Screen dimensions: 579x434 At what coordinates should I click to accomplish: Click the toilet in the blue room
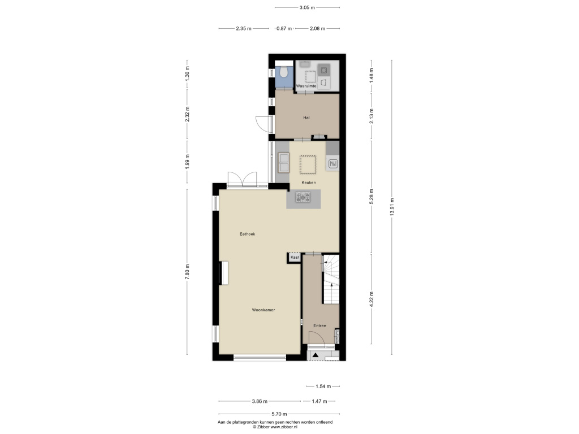(x=284, y=72)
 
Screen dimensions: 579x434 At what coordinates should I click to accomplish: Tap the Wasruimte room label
(x=306, y=86)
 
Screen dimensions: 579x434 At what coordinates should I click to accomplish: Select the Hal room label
(x=306, y=118)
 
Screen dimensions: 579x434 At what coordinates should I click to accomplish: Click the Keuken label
(x=308, y=183)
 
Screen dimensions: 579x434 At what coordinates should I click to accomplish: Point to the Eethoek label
(x=248, y=234)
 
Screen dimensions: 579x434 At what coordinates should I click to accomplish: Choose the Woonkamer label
(x=263, y=310)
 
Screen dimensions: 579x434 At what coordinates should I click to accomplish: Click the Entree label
(x=320, y=325)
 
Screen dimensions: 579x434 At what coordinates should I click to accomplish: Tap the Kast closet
(x=295, y=257)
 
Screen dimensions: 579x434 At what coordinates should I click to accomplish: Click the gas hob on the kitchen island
(x=303, y=197)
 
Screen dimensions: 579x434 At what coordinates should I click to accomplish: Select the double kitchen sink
(x=284, y=162)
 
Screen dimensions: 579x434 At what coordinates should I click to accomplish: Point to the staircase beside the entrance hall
(x=331, y=279)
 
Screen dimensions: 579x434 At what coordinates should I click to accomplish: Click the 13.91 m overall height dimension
(x=392, y=207)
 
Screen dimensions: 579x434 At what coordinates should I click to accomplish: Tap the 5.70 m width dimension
(x=279, y=414)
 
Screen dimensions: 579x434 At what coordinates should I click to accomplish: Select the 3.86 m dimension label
(x=260, y=401)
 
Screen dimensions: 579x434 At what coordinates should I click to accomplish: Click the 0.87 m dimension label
(x=284, y=28)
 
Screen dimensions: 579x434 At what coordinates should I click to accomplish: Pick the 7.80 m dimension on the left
(x=187, y=272)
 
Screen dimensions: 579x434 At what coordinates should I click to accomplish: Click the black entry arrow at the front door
(x=316, y=355)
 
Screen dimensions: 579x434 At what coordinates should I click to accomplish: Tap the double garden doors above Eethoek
(x=242, y=180)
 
